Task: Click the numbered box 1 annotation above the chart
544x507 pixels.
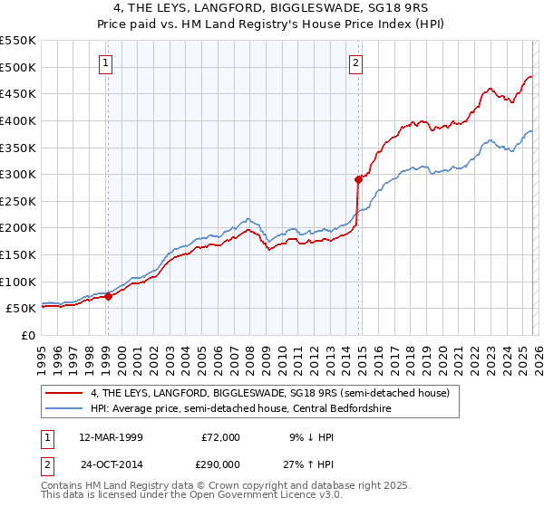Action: (x=107, y=62)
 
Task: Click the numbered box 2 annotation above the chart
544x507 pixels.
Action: (x=355, y=62)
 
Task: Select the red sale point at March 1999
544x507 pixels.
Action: (x=108, y=296)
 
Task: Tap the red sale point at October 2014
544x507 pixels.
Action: (x=358, y=179)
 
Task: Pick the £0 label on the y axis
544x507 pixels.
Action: (x=30, y=335)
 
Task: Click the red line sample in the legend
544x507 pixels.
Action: (x=64, y=392)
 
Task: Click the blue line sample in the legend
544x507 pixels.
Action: (x=64, y=408)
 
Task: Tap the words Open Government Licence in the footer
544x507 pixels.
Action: (x=241, y=498)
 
